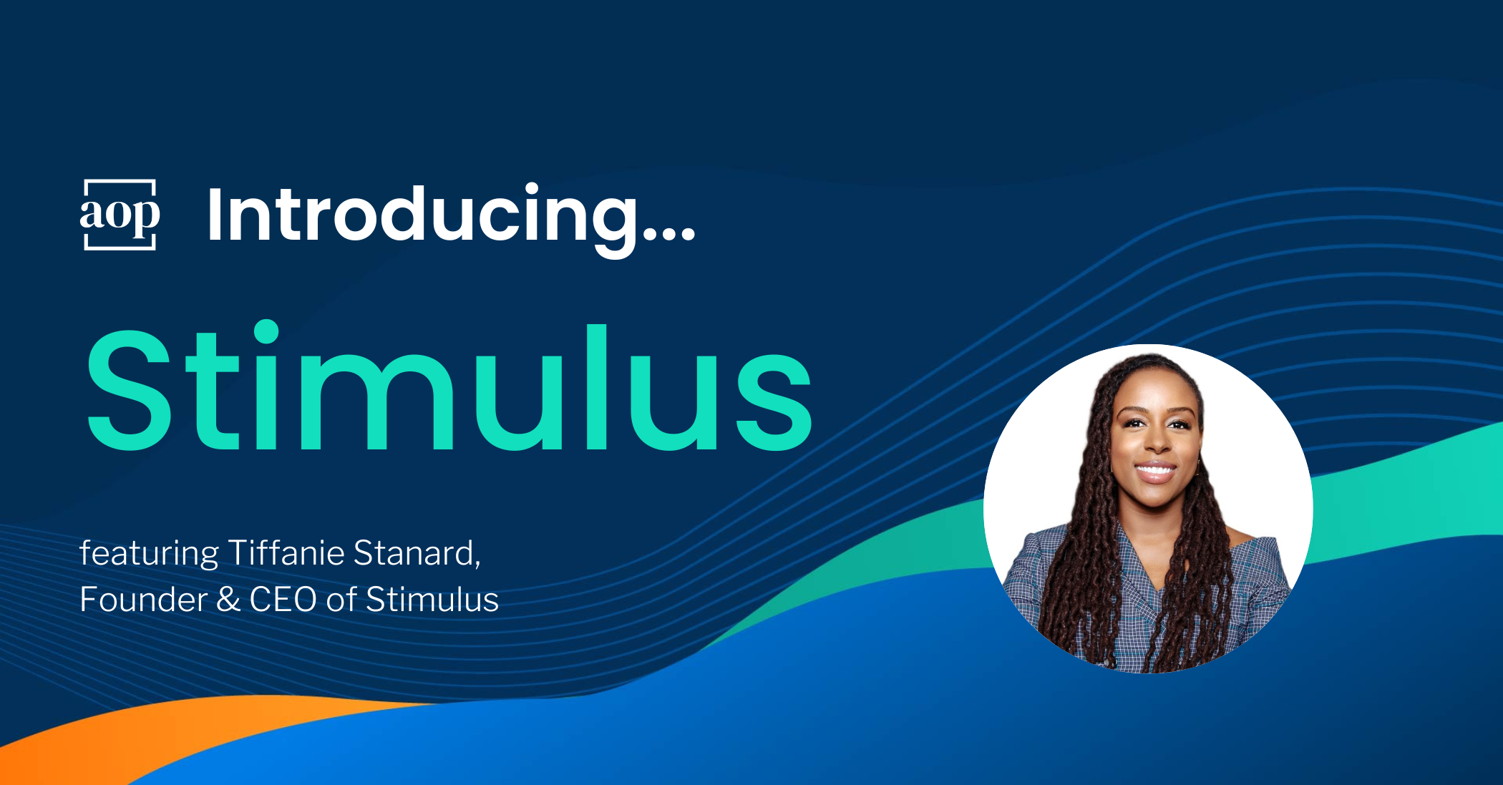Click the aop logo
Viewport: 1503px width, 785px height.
click(x=120, y=215)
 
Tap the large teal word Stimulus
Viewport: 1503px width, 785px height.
click(x=449, y=386)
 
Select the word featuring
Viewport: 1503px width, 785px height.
click(x=149, y=554)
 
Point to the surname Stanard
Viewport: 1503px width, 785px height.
click(x=417, y=553)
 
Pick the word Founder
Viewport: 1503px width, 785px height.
click(x=143, y=600)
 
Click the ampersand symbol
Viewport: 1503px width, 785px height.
click(x=228, y=600)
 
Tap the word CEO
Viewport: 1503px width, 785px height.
click(x=283, y=600)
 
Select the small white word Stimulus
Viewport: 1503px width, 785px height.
click(x=432, y=600)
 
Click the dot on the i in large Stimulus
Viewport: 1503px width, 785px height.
click(x=266, y=334)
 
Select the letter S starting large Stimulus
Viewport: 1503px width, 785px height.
click(x=130, y=391)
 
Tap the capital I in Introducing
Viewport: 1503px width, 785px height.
click(x=214, y=214)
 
